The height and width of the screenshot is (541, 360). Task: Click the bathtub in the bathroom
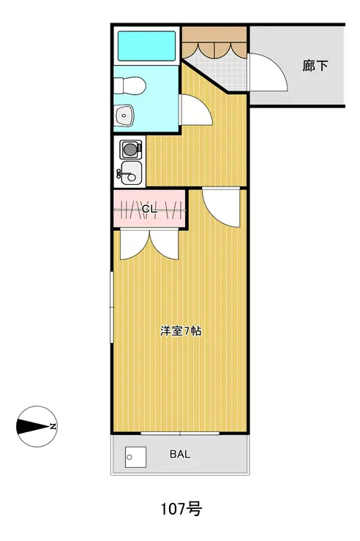146,46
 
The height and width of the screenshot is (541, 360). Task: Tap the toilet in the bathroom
130,86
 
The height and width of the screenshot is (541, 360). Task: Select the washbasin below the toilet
124,115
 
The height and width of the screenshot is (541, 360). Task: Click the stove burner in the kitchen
130,149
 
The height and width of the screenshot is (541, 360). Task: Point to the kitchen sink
130,173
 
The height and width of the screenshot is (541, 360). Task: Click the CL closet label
149,209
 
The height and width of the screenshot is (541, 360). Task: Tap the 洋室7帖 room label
181,331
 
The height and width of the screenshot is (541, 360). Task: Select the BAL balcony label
180,454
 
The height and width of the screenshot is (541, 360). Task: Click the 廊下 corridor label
315,66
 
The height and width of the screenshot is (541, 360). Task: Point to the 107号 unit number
181,509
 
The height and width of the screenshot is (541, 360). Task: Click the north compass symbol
37,426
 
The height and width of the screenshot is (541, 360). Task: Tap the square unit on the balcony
135,457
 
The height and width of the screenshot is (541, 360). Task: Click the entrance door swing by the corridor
267,72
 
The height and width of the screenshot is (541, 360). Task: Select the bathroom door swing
195,110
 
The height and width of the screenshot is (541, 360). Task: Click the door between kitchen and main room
221,207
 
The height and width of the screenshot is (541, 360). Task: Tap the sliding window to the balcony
180,433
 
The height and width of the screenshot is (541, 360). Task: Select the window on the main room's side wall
111,307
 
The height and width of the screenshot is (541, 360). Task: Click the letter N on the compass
53,426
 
